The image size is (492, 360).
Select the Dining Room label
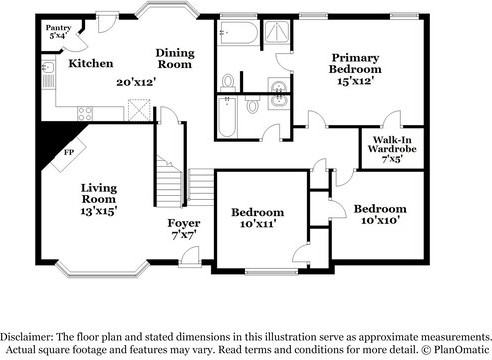coord(180,58)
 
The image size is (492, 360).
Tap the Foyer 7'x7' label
coord(183,228)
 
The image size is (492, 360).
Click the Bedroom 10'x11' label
coord(258,218)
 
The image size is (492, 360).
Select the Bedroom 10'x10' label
coord(379,214)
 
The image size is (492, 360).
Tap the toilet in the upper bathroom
coord(228,80)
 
